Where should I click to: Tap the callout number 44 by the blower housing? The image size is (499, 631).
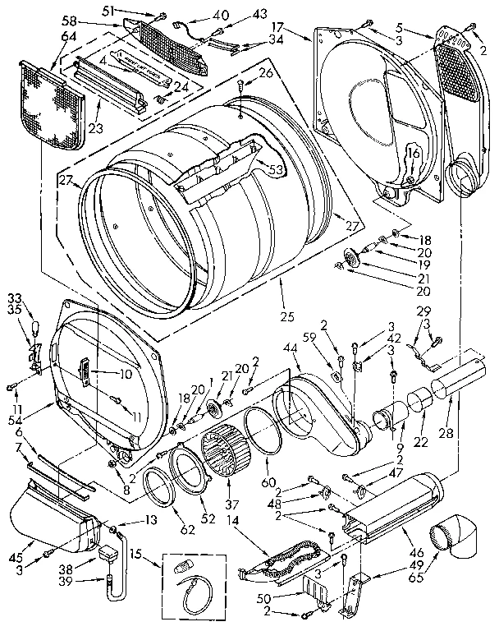coord(291,349)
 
